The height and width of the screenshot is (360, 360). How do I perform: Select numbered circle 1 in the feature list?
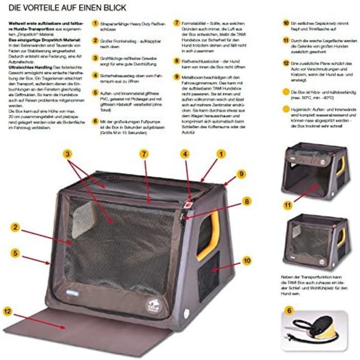coord(95,23)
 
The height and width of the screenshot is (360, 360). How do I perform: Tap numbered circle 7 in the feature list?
coord(177,23)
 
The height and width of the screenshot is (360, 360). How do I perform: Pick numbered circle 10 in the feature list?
coord(286,23)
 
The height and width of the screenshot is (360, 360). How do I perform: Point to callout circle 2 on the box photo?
coord(16,226)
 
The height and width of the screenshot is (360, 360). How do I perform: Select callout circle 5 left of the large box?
coord(16,253)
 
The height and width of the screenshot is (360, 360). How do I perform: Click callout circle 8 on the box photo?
coord(247,201)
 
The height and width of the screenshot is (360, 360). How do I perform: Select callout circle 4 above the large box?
coord(185,153)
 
